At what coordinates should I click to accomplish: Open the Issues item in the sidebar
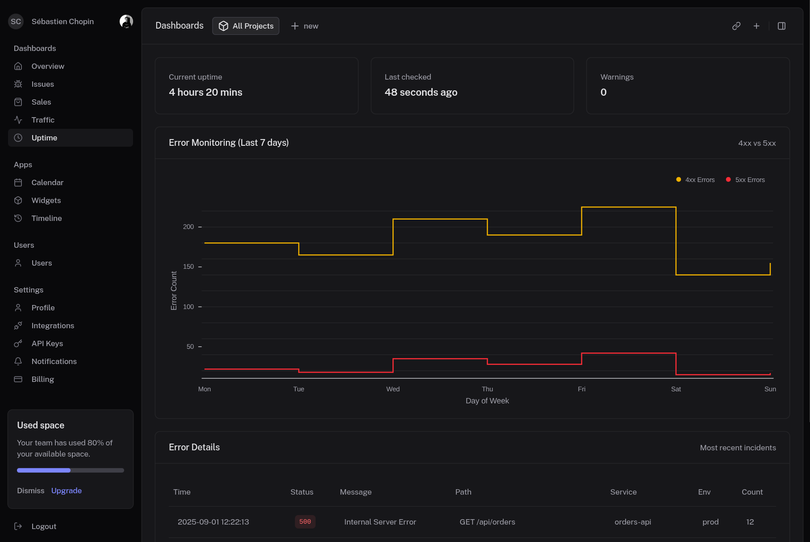(42, 84)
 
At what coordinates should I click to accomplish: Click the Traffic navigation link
(43, 120)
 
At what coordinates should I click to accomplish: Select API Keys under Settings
(47, 343)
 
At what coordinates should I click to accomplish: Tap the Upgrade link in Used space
(67, 491)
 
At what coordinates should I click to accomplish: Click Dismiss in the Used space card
(31, 491)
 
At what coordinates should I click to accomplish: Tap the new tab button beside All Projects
(305, 26)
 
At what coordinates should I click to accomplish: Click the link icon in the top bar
(736, 26)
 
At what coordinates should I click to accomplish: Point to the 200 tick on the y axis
(188, 227)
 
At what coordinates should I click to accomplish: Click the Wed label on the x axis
(393, 389)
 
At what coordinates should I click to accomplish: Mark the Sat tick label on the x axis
(676, 389)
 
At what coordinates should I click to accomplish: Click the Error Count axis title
(174, 291)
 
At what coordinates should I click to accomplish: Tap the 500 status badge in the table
(305, 522)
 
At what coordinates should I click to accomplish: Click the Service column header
(623, 492)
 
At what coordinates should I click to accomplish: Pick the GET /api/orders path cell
(487, 522)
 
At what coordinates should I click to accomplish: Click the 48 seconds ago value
(421, 92)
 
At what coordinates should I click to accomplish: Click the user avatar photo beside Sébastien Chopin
(126, 21)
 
